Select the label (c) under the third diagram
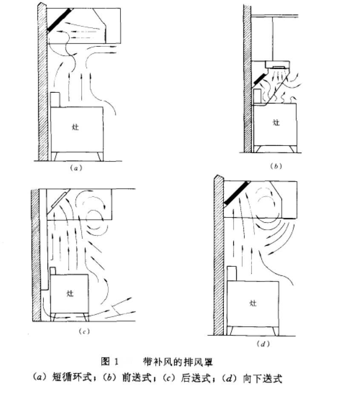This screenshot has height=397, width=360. pyautogui.click(x=84, y=331)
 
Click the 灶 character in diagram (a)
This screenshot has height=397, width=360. pyautogui.click(x=75, y=127)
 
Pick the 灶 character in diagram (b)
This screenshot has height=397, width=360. pyautogui.click(x=277, y=123)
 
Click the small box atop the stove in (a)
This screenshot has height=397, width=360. pyautogui.click(x=55, y=99)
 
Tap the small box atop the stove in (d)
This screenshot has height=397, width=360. pyautogui.click(x=231, y=273)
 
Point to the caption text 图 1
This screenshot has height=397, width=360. pyautogui.click(x=110, y=362)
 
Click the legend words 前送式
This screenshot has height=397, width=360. pyautogui.click(x=137, y=378)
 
